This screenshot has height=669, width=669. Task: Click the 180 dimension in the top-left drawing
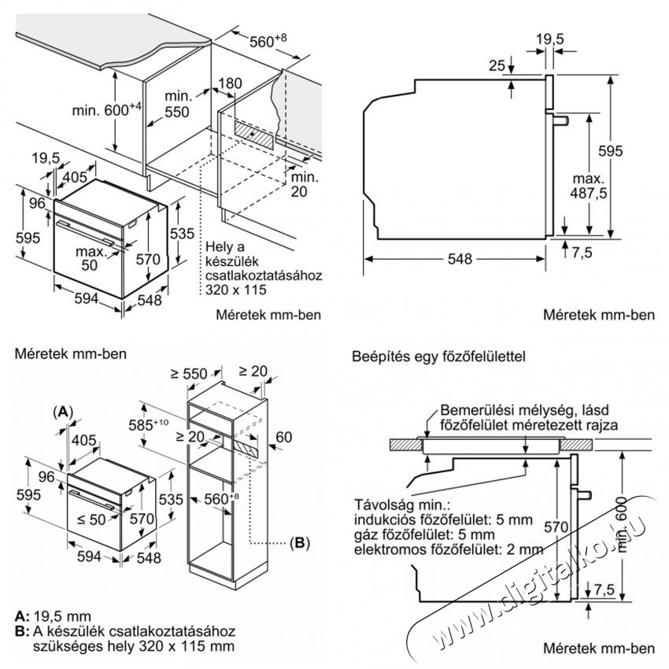[231, 84]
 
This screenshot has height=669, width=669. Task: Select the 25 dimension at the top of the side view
[495, 65]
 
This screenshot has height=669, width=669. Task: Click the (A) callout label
[63, 412]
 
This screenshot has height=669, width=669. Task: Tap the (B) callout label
[300, 542]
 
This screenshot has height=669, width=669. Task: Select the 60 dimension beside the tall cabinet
[284, 437]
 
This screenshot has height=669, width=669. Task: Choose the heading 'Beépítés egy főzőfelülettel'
[438, 357]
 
